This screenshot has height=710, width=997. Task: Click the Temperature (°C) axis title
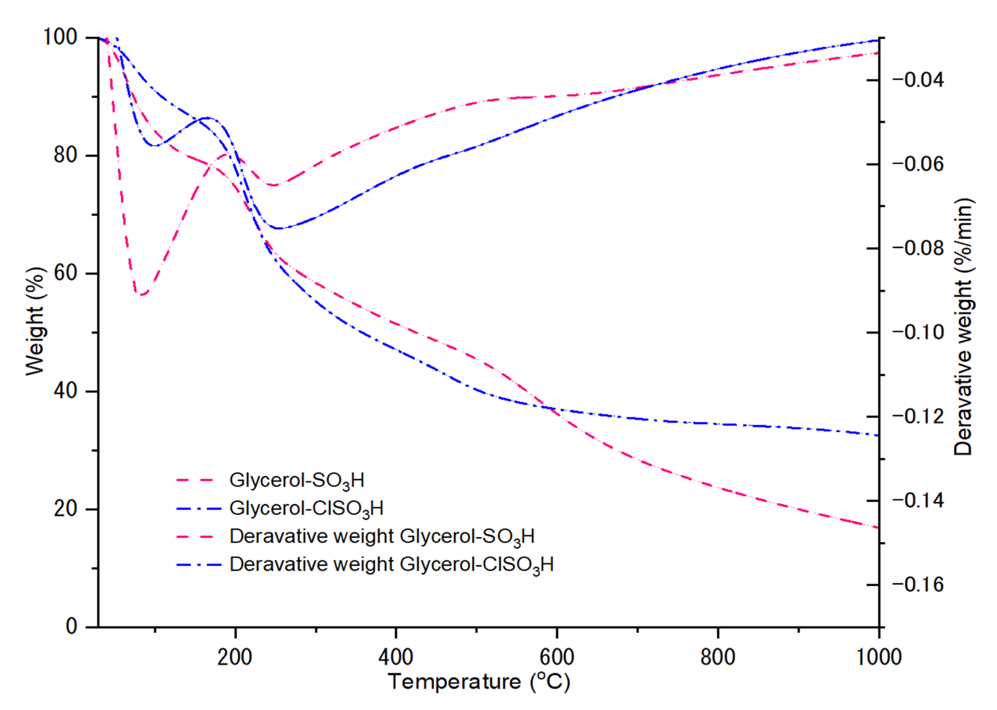[478, 682]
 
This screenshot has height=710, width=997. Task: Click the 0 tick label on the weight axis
[71, 627]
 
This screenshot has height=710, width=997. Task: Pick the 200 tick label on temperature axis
[235, 657]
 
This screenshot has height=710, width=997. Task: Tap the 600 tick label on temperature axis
[557, 657]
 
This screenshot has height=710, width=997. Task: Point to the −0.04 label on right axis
[918, 80]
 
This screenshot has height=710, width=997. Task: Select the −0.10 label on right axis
[918, 332]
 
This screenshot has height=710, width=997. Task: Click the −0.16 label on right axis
[918, 584]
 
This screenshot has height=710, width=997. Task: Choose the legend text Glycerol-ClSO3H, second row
[306, 508]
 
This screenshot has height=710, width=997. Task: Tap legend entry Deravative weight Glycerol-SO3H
[382, 537]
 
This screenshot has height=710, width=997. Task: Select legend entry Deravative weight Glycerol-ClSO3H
[391, 564]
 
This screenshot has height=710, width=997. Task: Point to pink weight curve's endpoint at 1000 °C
[878, 528]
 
